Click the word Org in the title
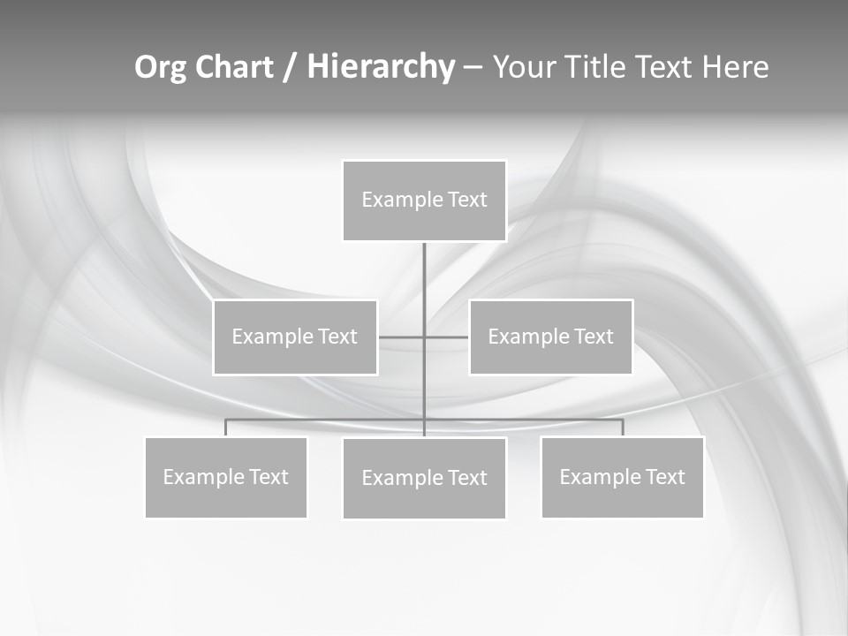coord(160,67)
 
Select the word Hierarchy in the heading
coord(381,67)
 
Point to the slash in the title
coord(290,67)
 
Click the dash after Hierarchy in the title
coord(473,67)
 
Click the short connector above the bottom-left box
coord(226,428)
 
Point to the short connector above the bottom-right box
coord(623,428)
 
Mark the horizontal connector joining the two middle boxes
coord(402,337)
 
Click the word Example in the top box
coord(402,200)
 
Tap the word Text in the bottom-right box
coord(665,477)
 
